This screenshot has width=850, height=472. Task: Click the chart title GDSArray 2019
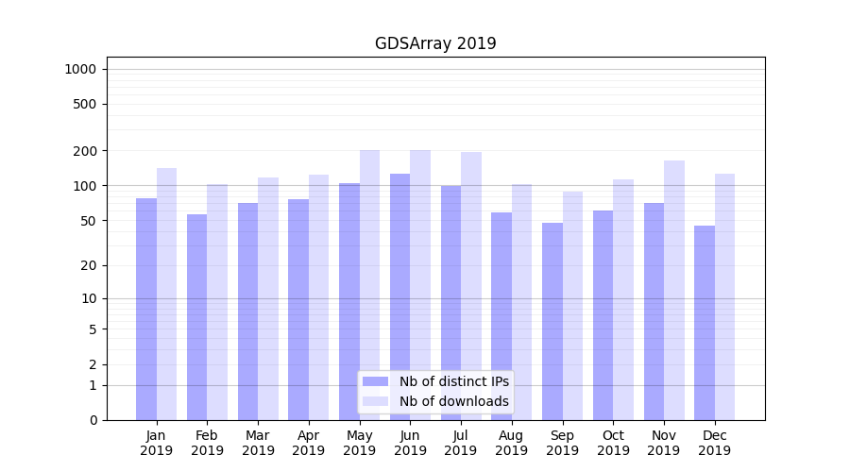click(435, 43)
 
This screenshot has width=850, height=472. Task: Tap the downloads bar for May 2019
click(369, 283)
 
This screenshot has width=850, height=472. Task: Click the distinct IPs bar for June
click(400, 296)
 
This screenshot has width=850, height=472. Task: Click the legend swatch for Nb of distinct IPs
click(375, 381)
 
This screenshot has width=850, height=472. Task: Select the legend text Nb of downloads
click(453, 401)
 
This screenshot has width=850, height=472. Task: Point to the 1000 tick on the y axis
click(79, 69)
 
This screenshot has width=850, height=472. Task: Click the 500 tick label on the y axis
click(84, 104)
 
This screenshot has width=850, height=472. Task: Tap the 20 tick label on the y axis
click(88, 265)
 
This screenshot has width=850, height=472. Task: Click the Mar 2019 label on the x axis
click(258, 443)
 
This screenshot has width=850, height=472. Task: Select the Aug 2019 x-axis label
click(511, 443)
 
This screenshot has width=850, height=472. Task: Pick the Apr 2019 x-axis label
click(309, 443)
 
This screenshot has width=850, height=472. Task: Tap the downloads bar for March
click(268, 298)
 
